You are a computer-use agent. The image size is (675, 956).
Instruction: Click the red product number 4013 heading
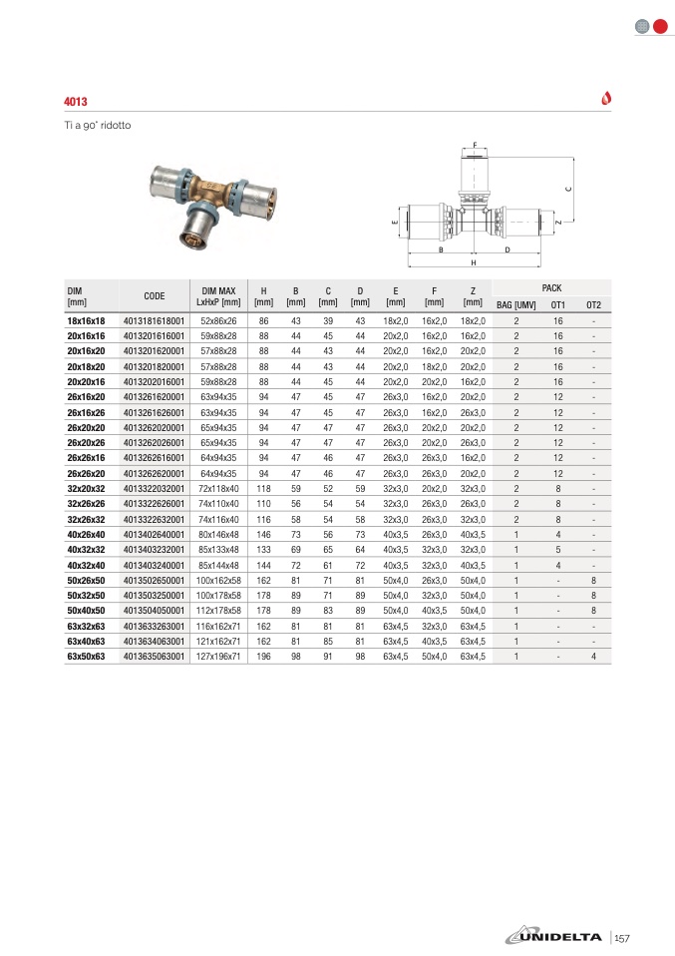[x=76, y=102]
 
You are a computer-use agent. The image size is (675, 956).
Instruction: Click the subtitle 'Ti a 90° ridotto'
[x=98, y=125]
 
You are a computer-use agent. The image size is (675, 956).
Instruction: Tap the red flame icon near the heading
[x=606, y=98]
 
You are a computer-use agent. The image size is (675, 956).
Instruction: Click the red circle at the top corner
[x=660, y=26]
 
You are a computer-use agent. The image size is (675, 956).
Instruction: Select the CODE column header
[x=155, y=295]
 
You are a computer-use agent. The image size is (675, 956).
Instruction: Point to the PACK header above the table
[x=552, y=287]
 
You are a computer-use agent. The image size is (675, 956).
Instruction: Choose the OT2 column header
[x=594, y=304]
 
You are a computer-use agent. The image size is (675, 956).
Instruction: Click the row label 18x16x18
[x=86, y=320]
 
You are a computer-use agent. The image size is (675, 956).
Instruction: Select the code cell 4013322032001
[x=155, y=488]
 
